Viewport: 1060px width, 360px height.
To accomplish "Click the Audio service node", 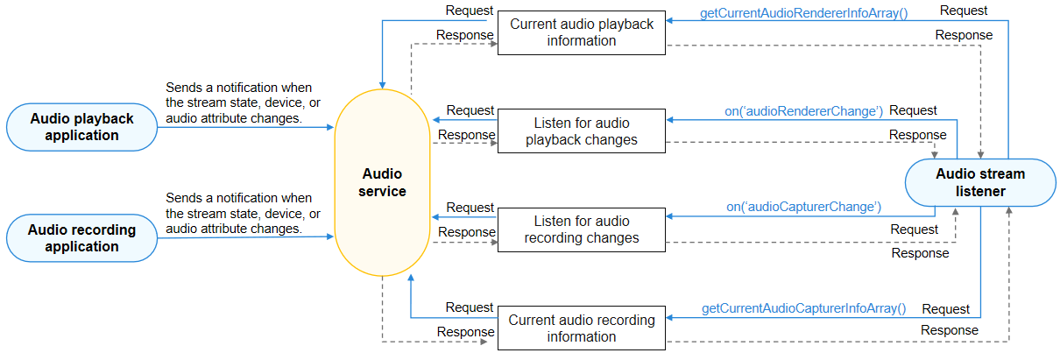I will coord(382,182).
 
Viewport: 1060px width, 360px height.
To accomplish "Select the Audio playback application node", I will coord(81,127).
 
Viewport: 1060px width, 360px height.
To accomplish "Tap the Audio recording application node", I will coord(81,238).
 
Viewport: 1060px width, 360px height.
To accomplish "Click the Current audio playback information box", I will coord(582,32).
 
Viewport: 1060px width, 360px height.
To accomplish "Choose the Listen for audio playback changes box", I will coord(582,131).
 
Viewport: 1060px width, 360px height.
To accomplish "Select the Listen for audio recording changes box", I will coord(582,229).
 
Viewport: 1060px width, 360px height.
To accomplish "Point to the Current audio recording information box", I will coord(582,328).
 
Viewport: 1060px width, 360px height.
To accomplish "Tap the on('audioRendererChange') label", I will coord(803,111).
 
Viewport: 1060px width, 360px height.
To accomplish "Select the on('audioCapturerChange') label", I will coord(803,208).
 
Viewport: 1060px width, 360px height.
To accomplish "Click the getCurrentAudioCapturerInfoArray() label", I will coord(803,308).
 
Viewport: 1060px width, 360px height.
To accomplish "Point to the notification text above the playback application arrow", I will coord(239,103).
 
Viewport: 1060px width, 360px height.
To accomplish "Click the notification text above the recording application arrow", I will coord(239,213).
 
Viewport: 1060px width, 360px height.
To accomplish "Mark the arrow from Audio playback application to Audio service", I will coord(245,128).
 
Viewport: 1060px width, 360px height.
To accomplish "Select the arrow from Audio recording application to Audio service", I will coord(245,237).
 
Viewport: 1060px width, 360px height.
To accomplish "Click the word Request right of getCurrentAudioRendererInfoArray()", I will coord(964,11).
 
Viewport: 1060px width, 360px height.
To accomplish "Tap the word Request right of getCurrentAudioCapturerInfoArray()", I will coord(945,309).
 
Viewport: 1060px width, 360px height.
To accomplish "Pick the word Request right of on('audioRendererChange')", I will coord(913,111).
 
